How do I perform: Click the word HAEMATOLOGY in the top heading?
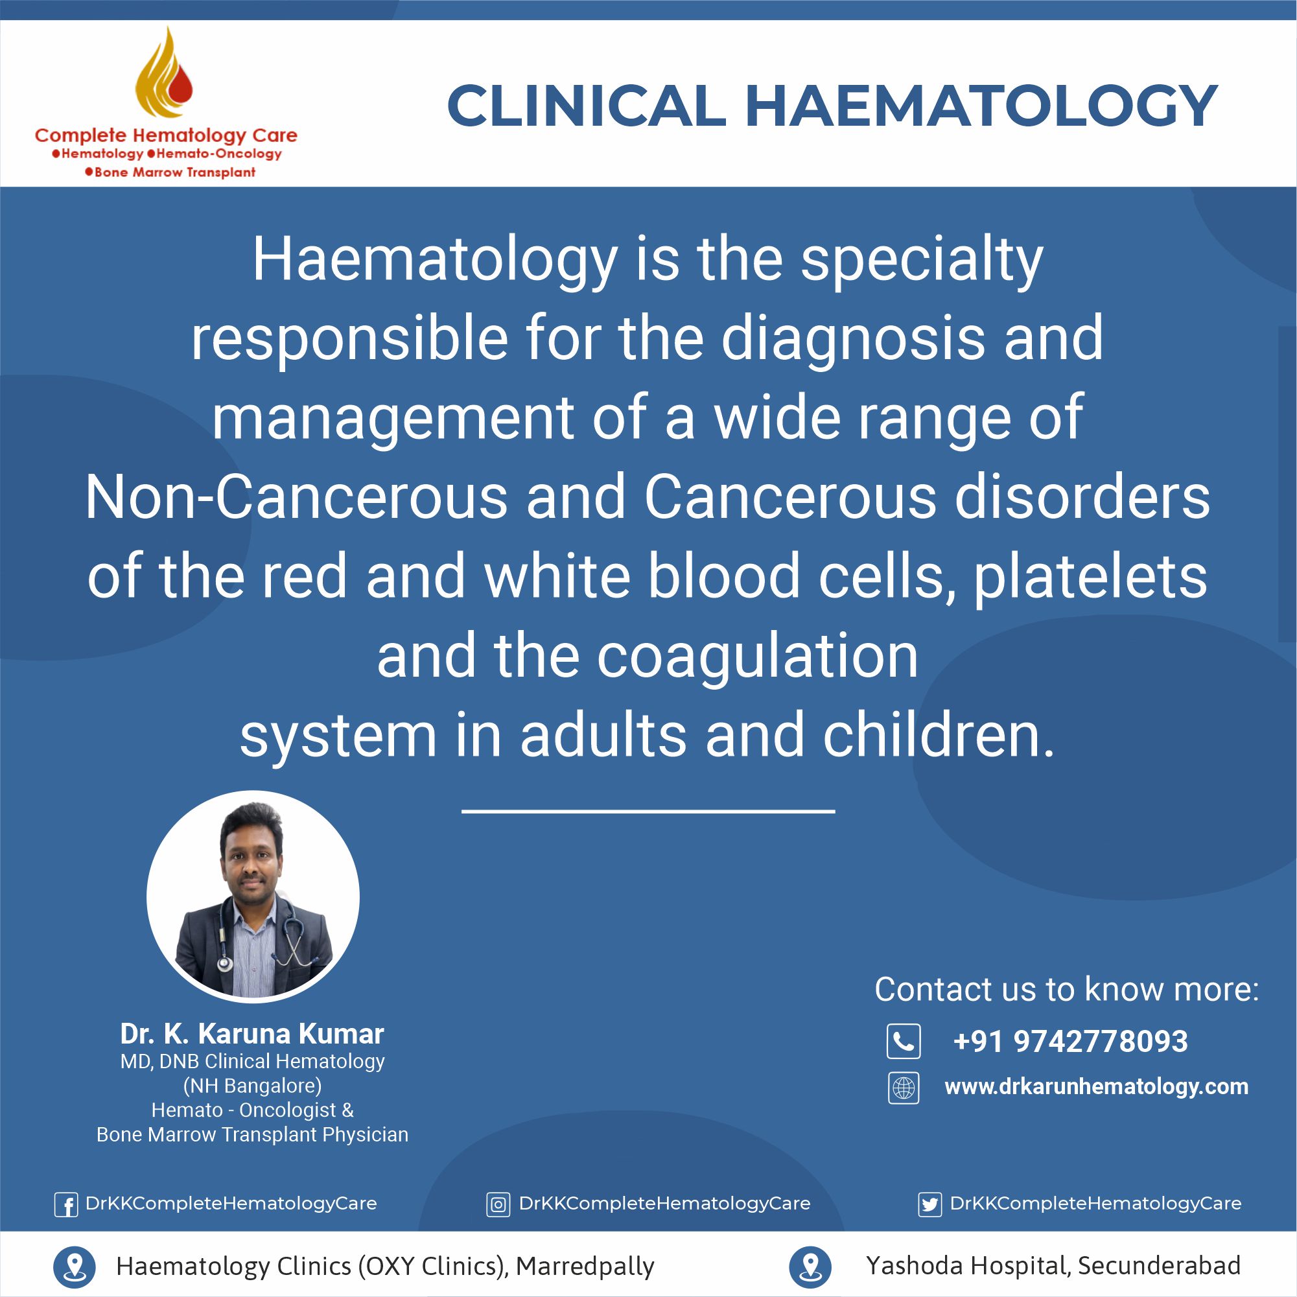pos(981,106)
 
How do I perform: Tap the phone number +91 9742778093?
pos(1070,1041)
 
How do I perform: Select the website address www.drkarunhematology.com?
pos(1096,1087)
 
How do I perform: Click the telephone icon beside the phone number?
pos(904,1041)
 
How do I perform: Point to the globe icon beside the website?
pos(904,1088)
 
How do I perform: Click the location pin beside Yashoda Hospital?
pos(810,1267)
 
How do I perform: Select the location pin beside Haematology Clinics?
pos(74,1267)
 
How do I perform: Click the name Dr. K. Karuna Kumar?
pos(252,1034)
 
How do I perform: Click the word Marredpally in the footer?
pos(585,1267)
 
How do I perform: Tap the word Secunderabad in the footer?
pos(1160,1265)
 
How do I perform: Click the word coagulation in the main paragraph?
pos(758,657)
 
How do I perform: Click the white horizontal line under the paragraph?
pos(648,812)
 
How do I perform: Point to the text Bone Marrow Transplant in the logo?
pos(170,172)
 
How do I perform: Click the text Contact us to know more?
pos(1067,989)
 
